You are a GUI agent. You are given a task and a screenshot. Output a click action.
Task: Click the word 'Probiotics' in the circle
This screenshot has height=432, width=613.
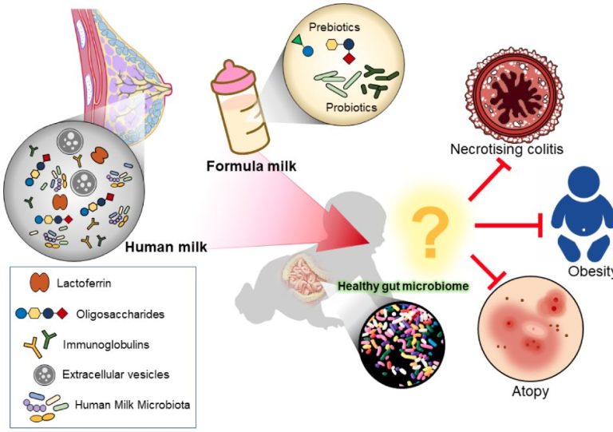[351, 107]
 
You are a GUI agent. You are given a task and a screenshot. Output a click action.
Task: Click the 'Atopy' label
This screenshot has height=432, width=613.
[530, 391]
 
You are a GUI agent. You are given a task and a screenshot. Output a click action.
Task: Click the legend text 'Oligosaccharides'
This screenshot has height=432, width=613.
[122, 314]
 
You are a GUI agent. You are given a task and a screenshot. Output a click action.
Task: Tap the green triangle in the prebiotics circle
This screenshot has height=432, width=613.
[297, 40]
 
